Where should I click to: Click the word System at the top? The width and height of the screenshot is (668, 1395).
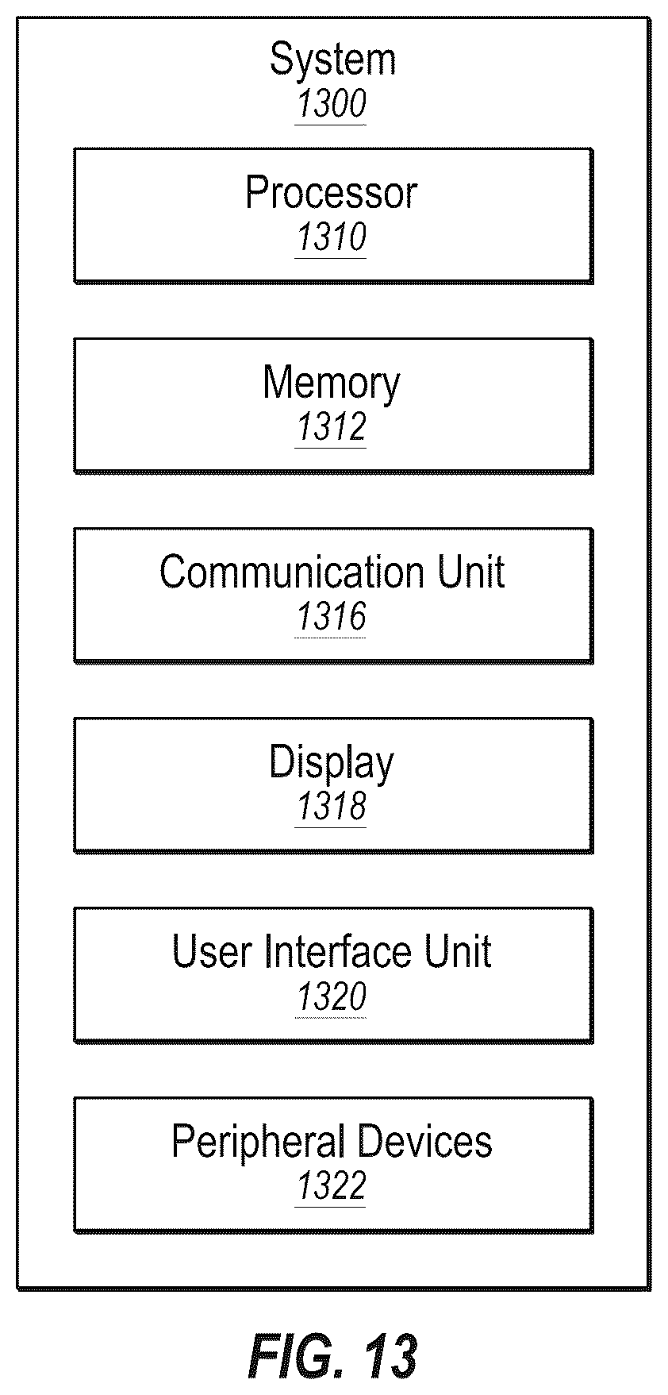[x=332, y=60]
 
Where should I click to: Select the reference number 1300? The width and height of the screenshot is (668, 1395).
[x=331, y=104]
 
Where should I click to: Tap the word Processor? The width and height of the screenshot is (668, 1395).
[x=331, y=192]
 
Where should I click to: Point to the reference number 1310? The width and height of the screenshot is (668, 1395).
[x=331, y=237]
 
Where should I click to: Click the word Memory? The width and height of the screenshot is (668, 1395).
[x=332, y=384]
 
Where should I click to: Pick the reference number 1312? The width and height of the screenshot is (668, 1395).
[x=331, y=426]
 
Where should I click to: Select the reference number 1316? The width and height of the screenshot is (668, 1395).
[x=331, y=616]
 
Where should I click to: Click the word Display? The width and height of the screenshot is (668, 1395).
[x=331, y=764]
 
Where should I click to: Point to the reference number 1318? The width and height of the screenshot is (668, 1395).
[x=331, y=806]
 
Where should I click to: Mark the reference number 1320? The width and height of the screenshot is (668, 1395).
[x=331, y=996]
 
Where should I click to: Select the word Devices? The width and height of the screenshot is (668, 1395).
[x=424, y=1141]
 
